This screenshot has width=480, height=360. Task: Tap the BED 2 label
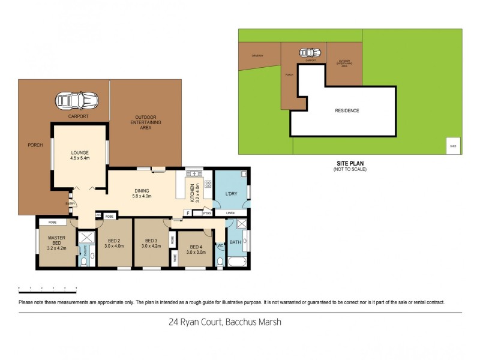pyautogui.click(x=114, y=242)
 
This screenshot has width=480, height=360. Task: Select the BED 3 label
pyautogui.click(x=151, y=242)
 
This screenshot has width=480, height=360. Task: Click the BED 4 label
pyautogui.click(x=197, y=250)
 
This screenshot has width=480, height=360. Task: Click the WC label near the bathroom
pyautogui.click(x=220, y=245)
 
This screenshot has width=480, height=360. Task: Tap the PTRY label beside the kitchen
pyautogui.click(x=206, y=212)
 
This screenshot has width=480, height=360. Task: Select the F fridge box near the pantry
pyautogui.click(x=188, y=212)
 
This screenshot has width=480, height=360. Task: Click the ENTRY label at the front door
pyautogui.click(x=71, y=203)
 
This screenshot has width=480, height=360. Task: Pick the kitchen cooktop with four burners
pyautogui.click(x=208, y=184)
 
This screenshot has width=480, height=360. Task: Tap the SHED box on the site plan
pyautogui.click(x=453, y=146)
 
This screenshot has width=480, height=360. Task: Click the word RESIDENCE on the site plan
pyautogui.click(x=347, y=110)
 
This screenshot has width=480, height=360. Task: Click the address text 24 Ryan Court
pyautogui.click(x=195, y=322)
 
